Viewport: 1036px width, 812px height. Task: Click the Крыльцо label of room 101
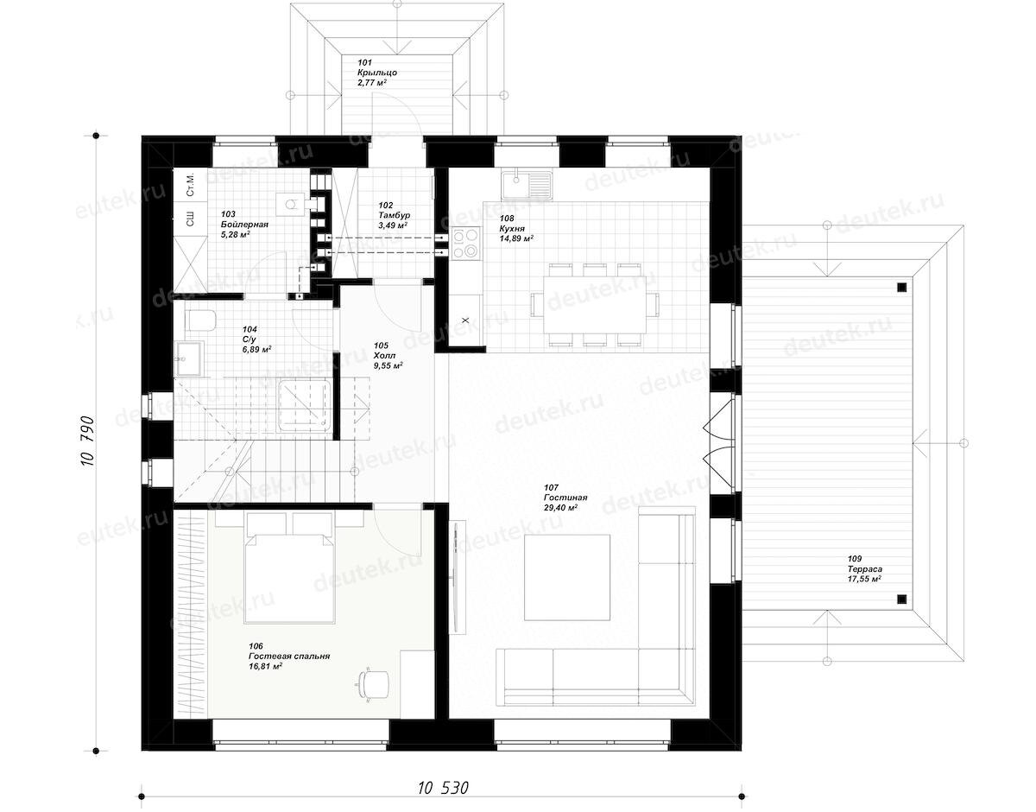point(377,73)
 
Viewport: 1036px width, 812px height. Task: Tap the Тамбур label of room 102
point(394,215)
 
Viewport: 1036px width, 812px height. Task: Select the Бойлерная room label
point(244,225)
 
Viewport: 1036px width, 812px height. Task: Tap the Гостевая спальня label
point(289,657)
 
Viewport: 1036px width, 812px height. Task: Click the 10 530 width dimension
point(444,787)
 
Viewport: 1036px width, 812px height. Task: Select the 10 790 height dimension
point(87,441)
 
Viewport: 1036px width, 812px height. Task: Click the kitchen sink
point(526,185)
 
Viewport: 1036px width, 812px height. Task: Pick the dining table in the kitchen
point(595,304)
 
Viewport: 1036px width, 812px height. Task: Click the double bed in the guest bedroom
point(289,568)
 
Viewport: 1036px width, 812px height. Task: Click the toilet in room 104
point(201,320)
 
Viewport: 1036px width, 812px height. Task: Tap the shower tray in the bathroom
point(305,406)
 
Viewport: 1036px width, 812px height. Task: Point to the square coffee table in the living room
point(567,577)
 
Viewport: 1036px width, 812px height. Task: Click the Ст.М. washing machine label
point(190,186)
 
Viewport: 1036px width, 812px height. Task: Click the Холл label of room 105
point(385,355)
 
